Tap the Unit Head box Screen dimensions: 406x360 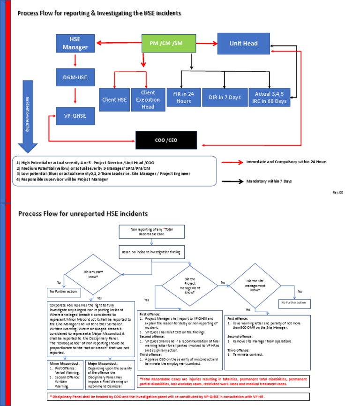(243, 43)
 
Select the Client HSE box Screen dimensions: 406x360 (114, 99)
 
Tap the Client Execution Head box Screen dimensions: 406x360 (148, 99)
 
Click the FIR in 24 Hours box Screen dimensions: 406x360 (183, 98)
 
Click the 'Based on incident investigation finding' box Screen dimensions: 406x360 (152, 251)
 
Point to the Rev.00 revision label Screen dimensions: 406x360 (338, 192)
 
